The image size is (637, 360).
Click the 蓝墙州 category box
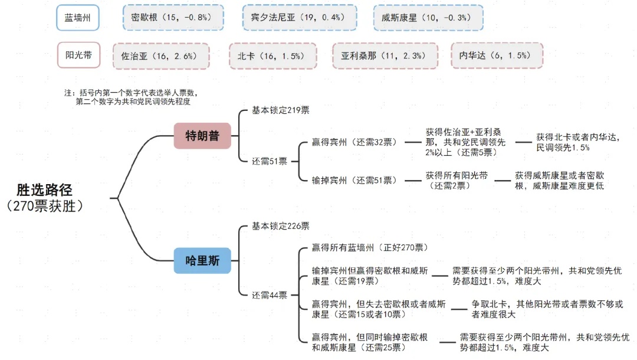point(78,18)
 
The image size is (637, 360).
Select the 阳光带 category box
point(78,56)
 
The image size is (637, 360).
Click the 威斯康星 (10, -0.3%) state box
point(428,18)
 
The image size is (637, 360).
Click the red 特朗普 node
point(202,136)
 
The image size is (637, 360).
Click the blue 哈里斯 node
point(202,260)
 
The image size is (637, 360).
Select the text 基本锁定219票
point(281,110)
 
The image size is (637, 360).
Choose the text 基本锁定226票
point(281,226)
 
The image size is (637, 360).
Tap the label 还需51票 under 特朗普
point(270,161)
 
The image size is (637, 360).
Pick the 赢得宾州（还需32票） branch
point(354,142)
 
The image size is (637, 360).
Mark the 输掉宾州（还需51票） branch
point(354,180)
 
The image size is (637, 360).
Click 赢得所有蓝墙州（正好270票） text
point(370,247)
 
